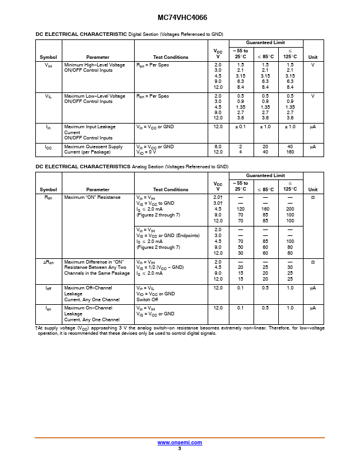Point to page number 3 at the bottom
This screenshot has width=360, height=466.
coord(179,448)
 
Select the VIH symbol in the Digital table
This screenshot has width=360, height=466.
coord(48,65)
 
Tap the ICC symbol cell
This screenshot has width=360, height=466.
coord(48,147)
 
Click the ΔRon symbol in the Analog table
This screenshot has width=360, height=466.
coord(48,262)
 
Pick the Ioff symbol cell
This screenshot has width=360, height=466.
coord(48,288)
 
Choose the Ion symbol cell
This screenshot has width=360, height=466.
coord(48,308)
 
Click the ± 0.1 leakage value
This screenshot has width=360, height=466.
coord(240,127)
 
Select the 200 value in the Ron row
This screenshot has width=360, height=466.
coord(290,209)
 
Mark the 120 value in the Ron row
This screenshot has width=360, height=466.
coord(240,209)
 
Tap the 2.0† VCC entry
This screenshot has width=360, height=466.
coord(218,198)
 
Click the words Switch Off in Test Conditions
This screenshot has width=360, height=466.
coord(148,299)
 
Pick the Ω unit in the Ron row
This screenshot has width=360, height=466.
coord(313,198)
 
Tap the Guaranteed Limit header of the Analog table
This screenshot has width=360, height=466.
coord(265,175)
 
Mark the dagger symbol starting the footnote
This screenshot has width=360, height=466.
coord(37,328)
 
